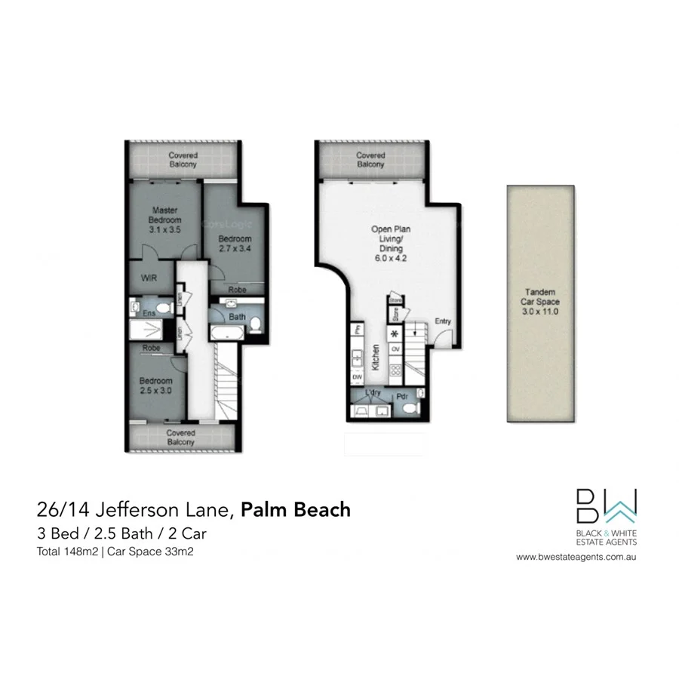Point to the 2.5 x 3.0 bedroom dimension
tap(156, 391)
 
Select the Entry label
tap(443, 321)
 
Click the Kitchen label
tap(375, 355)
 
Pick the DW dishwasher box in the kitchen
tap(357, 376)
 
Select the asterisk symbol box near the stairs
tap(395, 333)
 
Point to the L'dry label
tap(371, 395)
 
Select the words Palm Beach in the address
tap(296, 509)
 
